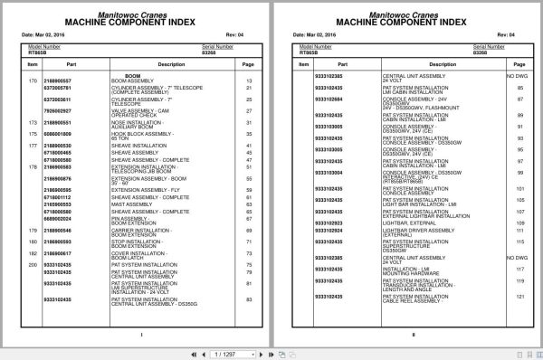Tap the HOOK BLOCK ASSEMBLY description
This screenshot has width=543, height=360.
pyautogui.click(x=131, y=134)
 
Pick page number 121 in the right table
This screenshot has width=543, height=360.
pyautogui.click(x=521, y=297)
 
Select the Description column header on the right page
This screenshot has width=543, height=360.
pyautogui.click(x=415, y=64)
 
